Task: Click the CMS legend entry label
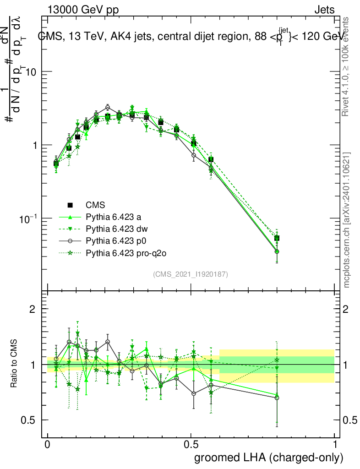(x=96, y=205)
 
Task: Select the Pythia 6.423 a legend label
(x=113, y=217)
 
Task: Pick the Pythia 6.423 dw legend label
(x=115, y=229)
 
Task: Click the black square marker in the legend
(x=70, y=205)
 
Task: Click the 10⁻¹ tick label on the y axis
(x=28, y=218)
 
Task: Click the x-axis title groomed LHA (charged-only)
(x=269, y=458)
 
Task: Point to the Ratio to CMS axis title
(x=14, y=365)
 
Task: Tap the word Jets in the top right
(x=324, y=10)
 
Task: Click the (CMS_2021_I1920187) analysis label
(x=191, y=274)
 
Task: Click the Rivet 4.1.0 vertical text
(x=347, y=71)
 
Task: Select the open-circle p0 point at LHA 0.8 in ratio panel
(x=277, y=398)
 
